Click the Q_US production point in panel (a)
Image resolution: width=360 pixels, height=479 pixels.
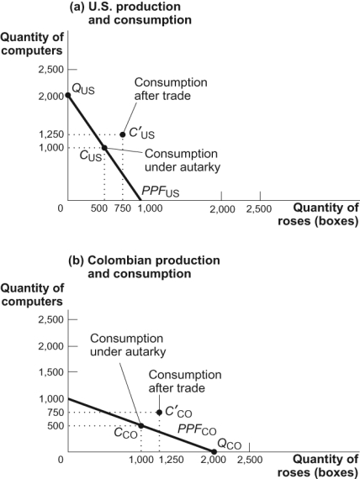(68, 95)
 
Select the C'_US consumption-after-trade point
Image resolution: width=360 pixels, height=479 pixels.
(123, 134)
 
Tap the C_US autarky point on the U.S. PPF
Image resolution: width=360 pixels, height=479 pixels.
(104, 148)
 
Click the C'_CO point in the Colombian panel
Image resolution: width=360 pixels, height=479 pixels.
(160, 412)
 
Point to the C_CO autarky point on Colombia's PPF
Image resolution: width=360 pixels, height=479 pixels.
(140, 425)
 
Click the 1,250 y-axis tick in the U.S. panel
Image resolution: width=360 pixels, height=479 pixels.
(50, 134)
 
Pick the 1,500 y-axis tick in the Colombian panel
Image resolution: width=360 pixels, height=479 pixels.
(50, 372)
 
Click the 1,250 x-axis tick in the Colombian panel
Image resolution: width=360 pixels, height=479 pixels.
(172, 461)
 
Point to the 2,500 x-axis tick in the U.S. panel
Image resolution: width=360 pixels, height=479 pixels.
(259, 208)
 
